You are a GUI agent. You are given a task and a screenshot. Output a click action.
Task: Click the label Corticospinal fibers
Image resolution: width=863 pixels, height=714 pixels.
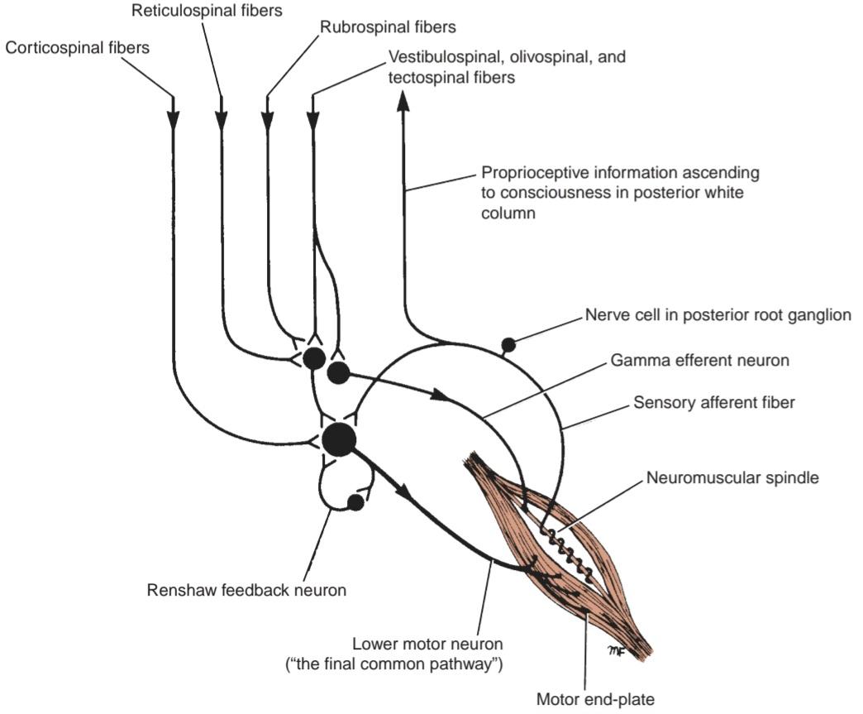click(x=77, y=48)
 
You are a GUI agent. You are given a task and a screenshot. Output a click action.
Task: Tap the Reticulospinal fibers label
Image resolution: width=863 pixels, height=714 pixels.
click(x=207, y=11)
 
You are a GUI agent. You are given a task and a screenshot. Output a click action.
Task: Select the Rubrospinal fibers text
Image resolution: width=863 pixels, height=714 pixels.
click(x=388, y=27)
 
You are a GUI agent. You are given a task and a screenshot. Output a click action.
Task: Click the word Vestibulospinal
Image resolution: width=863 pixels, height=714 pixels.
click(x=446, y=57)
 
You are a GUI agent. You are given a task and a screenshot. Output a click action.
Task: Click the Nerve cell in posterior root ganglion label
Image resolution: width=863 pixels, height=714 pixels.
click(x=718, y=315)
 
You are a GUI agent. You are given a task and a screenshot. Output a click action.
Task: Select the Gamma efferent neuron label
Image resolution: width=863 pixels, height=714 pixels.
click(x=700, y=360)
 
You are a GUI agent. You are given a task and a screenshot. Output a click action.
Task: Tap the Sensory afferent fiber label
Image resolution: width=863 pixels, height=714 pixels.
click(x=714, y=402)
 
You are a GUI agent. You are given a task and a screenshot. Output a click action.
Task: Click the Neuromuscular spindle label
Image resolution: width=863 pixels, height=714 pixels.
click(x=732, y=477)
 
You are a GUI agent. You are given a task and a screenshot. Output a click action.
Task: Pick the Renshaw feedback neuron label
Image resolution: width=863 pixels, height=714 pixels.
click(x=246, y=590)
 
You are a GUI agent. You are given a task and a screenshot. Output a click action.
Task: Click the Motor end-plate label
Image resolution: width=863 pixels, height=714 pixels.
click(x=595, y=700)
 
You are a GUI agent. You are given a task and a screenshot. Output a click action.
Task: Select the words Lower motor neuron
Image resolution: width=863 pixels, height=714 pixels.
click(x=427, y=644)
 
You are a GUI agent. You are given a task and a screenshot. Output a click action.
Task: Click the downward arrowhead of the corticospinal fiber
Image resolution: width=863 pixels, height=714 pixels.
click(x=174, y=121)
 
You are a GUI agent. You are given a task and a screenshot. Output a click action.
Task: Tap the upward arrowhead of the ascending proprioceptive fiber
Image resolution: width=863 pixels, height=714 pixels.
click(x=403, y=102)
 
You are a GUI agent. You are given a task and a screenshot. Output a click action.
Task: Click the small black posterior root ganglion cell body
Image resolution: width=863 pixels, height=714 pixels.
click(x=508, y=346)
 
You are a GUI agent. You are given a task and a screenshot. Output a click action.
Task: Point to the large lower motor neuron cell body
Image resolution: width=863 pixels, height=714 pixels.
click(x=339, y=439)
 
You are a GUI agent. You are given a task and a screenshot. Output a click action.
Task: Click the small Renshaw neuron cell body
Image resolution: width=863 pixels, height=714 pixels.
click(x=355, y=502)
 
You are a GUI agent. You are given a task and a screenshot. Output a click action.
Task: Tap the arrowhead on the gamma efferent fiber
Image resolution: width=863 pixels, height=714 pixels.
click(x=441, y=395)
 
